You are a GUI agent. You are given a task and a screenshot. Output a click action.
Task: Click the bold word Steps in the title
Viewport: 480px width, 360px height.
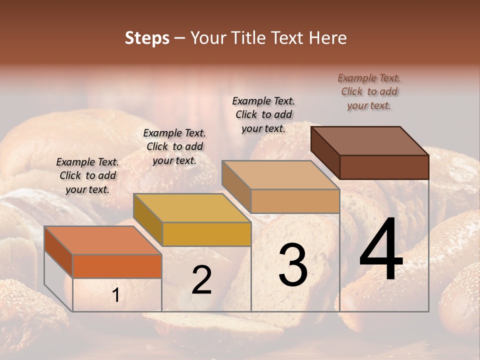[147, 38]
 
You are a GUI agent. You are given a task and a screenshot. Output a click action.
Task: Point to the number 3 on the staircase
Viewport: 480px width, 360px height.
[292, 265]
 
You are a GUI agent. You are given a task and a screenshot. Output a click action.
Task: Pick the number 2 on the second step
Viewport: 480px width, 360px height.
[201, 280]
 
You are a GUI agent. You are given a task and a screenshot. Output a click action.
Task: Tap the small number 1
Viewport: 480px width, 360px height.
[115, 296]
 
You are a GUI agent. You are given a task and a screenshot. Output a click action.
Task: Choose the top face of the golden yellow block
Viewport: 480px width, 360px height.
[192, 208]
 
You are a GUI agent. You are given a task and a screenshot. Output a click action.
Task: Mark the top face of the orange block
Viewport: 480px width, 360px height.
[103, 240]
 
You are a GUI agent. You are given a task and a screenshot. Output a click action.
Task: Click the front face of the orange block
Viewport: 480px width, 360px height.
[117, 266]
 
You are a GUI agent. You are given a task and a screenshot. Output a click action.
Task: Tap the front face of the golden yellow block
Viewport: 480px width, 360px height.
[206, 234]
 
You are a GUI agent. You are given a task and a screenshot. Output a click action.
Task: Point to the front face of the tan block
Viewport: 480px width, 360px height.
[295, 201]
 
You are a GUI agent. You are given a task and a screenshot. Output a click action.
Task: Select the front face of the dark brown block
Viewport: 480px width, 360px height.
[384, 167]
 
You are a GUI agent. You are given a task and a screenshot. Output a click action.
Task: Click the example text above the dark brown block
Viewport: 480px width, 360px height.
[369, 91]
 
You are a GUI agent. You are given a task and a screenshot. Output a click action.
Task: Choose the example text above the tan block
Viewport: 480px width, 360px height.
[263, 114]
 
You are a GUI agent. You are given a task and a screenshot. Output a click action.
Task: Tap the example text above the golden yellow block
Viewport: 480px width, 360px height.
[174, 146]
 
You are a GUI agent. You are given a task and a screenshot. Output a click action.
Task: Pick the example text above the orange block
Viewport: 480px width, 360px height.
[87, 175]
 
